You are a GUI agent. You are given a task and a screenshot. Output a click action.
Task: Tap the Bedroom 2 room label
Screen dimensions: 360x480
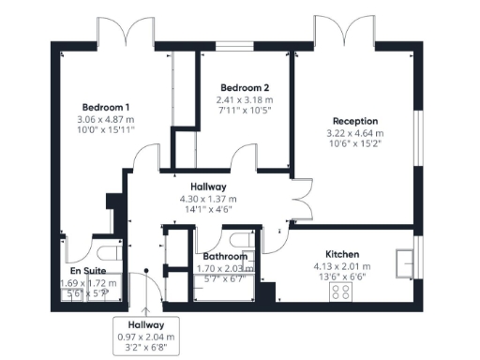tap(245, 88)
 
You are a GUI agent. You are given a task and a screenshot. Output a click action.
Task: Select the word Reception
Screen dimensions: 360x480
tap(354, 121)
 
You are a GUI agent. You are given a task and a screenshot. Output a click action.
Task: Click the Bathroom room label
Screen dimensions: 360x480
tap(224, 256)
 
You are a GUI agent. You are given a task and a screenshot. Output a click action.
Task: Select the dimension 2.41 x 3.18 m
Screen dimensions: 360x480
tap(245, 100)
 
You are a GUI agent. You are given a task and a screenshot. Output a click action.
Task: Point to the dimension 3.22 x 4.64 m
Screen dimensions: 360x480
tap(354, 133)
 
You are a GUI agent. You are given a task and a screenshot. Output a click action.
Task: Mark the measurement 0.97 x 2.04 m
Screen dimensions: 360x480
tap(146, 337)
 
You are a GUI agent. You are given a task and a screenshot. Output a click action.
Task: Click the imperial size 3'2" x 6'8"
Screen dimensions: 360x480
tap(146, 348)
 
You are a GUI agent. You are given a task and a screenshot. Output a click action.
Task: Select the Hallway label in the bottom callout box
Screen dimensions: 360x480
tap(146, 324)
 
